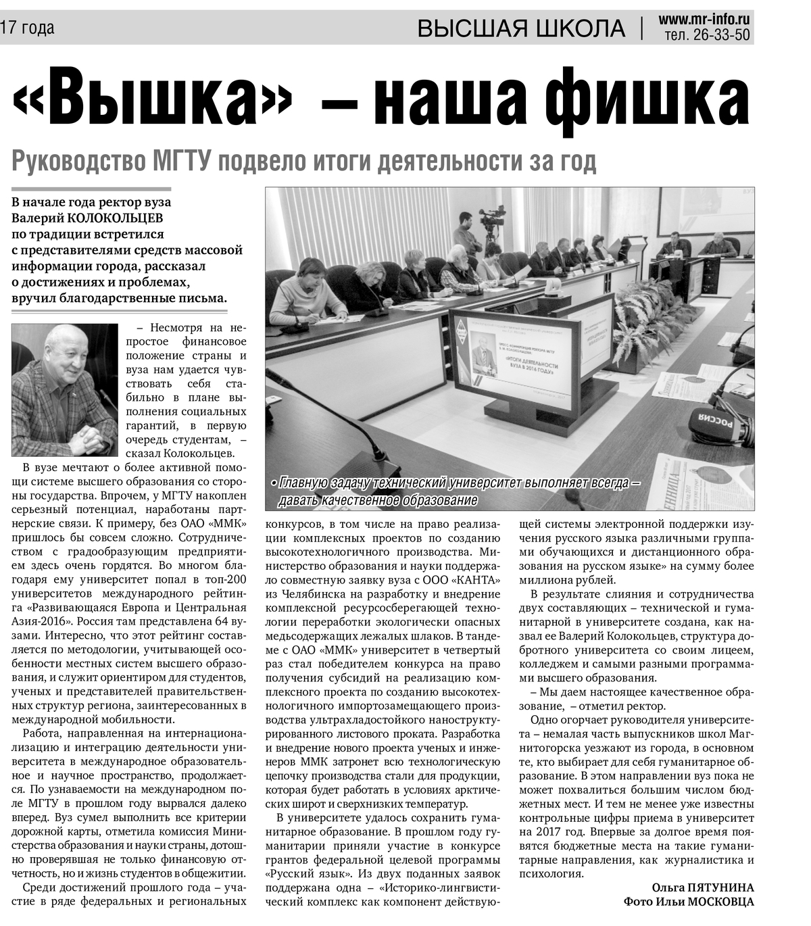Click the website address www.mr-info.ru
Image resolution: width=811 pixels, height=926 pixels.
(704, 20)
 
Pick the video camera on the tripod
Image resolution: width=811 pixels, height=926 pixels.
(492, 218)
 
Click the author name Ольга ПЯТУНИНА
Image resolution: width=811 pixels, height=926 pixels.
(702, 887)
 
